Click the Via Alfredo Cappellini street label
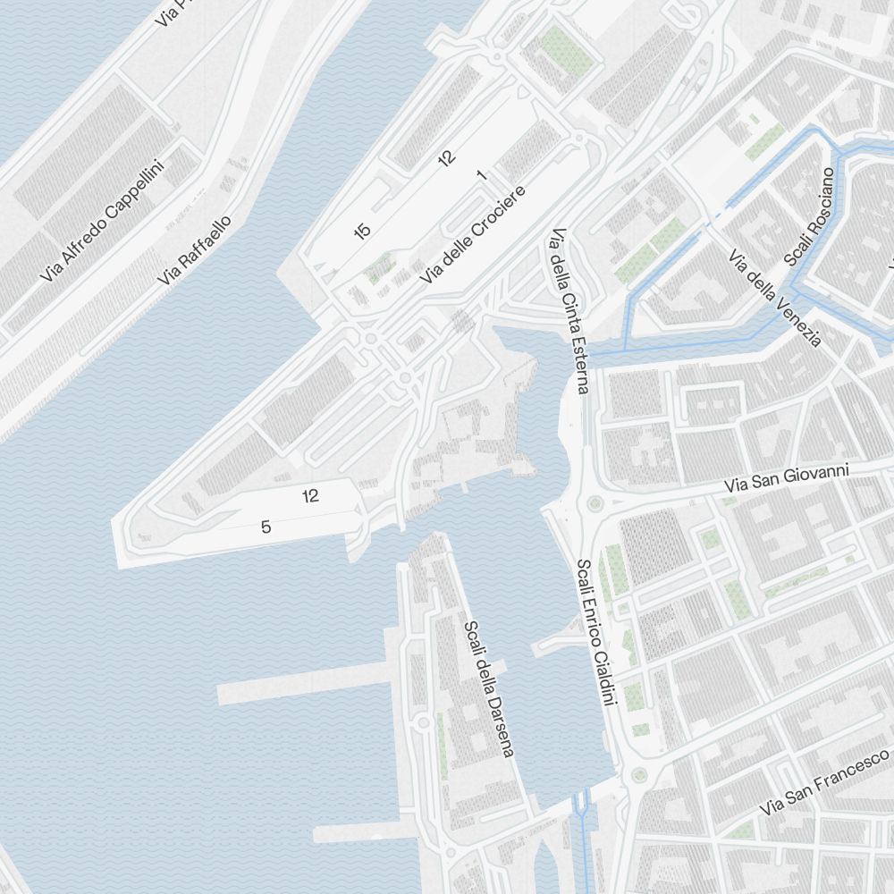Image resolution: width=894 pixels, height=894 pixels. [104, 221]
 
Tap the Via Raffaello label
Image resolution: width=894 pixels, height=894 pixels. [195, 250]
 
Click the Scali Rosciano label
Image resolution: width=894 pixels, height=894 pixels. [808, 216]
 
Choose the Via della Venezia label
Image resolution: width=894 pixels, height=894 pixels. [774, 298]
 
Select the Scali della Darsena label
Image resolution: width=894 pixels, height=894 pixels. [489, 688]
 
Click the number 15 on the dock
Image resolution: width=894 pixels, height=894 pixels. [361, 232]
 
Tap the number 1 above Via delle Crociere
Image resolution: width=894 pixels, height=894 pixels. [482, 174]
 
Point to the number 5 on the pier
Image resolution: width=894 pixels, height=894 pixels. [266, 527]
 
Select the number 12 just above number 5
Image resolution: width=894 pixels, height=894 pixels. [310, 496]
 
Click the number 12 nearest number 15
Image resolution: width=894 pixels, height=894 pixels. [446, 158]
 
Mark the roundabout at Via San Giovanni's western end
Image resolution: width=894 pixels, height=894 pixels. [593, 504]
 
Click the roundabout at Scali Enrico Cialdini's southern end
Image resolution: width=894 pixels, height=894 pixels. [638, 774]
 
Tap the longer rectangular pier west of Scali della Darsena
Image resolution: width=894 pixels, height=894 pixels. [304, 682]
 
